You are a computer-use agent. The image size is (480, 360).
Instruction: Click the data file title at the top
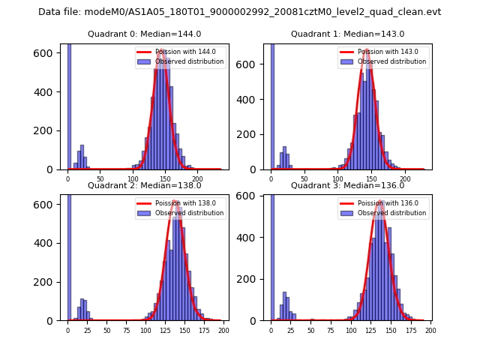(x=239, y=12)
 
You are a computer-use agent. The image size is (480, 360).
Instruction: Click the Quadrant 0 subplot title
(x=144, y=34)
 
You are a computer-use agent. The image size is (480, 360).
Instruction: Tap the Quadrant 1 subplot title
(x=347, y=34)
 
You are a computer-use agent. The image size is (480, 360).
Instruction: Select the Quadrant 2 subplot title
(x=144, y=185)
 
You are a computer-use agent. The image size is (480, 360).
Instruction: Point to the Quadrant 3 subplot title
(x=347, y=185)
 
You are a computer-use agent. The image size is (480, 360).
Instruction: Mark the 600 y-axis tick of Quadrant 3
(x=253, y=197)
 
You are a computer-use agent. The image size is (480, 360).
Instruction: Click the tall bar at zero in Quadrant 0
(x=69, y=105)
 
